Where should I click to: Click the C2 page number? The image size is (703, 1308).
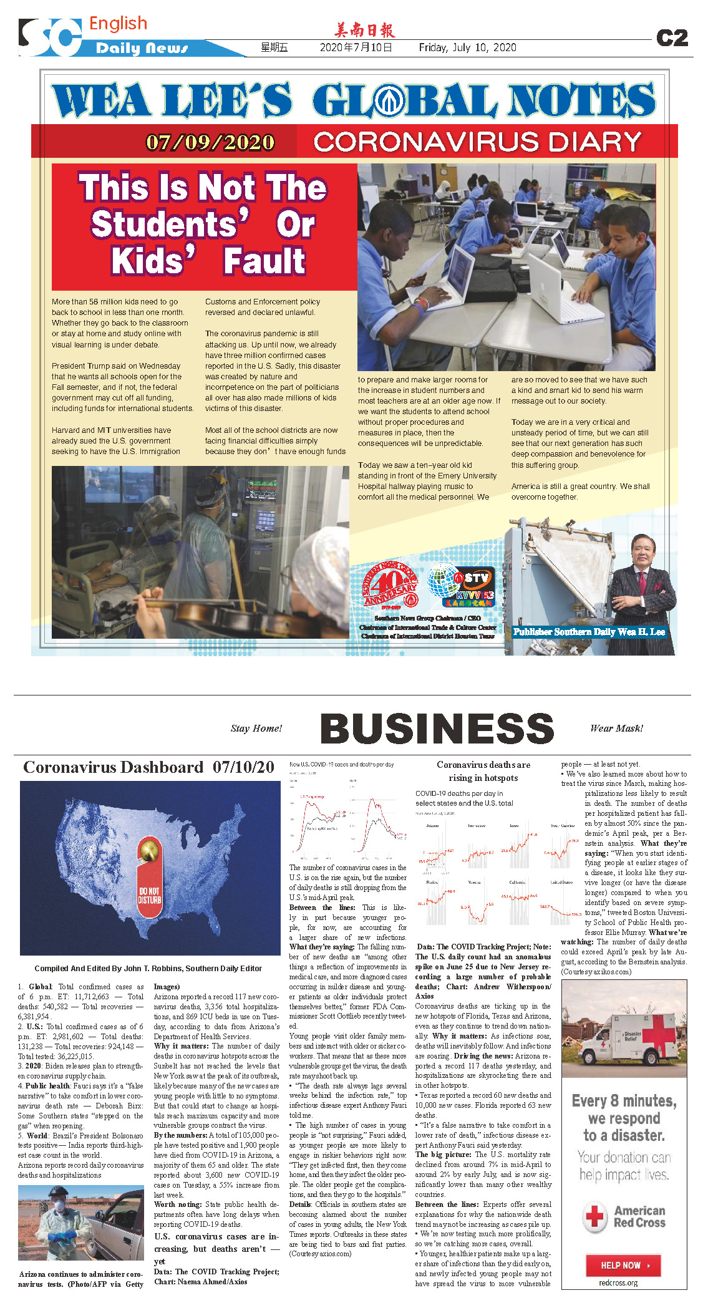(x=672, y=39)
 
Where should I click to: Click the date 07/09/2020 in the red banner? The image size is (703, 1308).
(x=210, y=143)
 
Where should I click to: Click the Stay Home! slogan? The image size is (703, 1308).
(x=256, y=729)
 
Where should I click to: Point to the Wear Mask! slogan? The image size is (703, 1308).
(x=616, y=729)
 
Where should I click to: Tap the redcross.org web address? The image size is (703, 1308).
(x=618, y=1283)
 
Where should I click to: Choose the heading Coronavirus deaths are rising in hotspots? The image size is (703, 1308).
(x=483, y=771)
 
